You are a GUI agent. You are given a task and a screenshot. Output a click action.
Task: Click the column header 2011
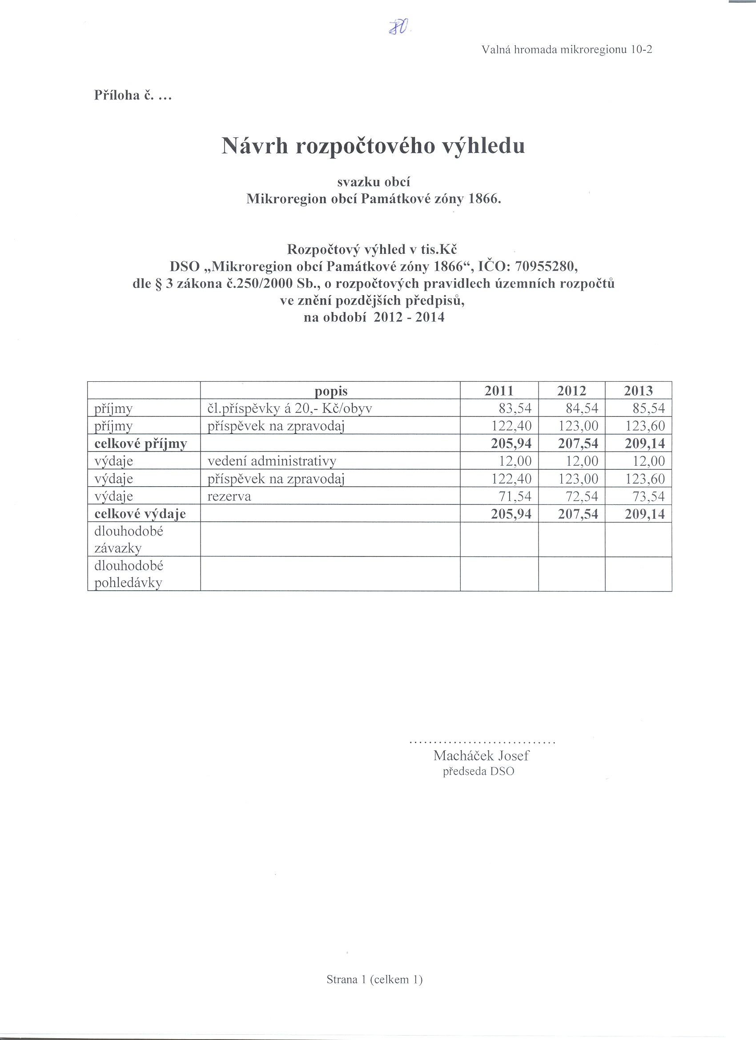(x=499, y=391)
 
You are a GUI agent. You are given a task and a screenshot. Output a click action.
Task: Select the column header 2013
(x=638, y=391)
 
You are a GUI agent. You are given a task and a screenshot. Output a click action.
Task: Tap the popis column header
(x=331, y=391)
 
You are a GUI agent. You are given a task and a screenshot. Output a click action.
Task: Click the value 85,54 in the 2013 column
(x=648, y=408)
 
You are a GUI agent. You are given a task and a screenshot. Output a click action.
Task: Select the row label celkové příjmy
(x=141, y=444)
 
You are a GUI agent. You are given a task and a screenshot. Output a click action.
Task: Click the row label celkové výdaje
(x=140, y=514)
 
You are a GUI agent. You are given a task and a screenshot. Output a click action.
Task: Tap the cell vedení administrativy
(x=272, y=461)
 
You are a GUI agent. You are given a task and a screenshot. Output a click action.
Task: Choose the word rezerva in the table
(x=229, y=496)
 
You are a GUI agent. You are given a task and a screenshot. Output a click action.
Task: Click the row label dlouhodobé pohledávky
(x=129, y=574)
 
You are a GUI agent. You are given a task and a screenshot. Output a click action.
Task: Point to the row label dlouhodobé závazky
(x=129, y=539)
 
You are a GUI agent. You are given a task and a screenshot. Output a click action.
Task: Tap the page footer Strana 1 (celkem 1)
(x=374, y=980)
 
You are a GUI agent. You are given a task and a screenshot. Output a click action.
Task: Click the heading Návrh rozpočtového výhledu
(x=373, y=146)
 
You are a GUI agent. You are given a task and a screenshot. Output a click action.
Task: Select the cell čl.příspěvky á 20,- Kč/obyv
(x=290, y=408)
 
